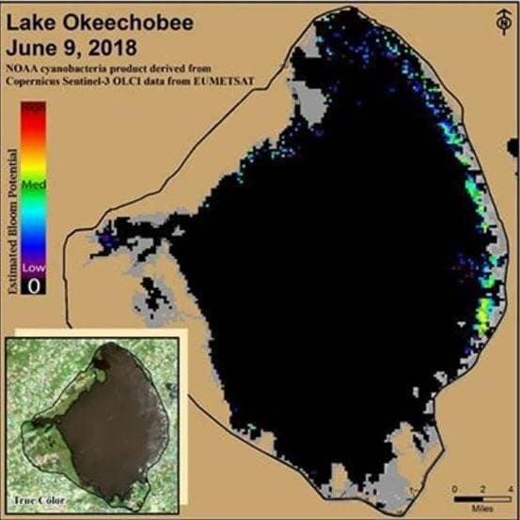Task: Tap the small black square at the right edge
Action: (513, 146)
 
